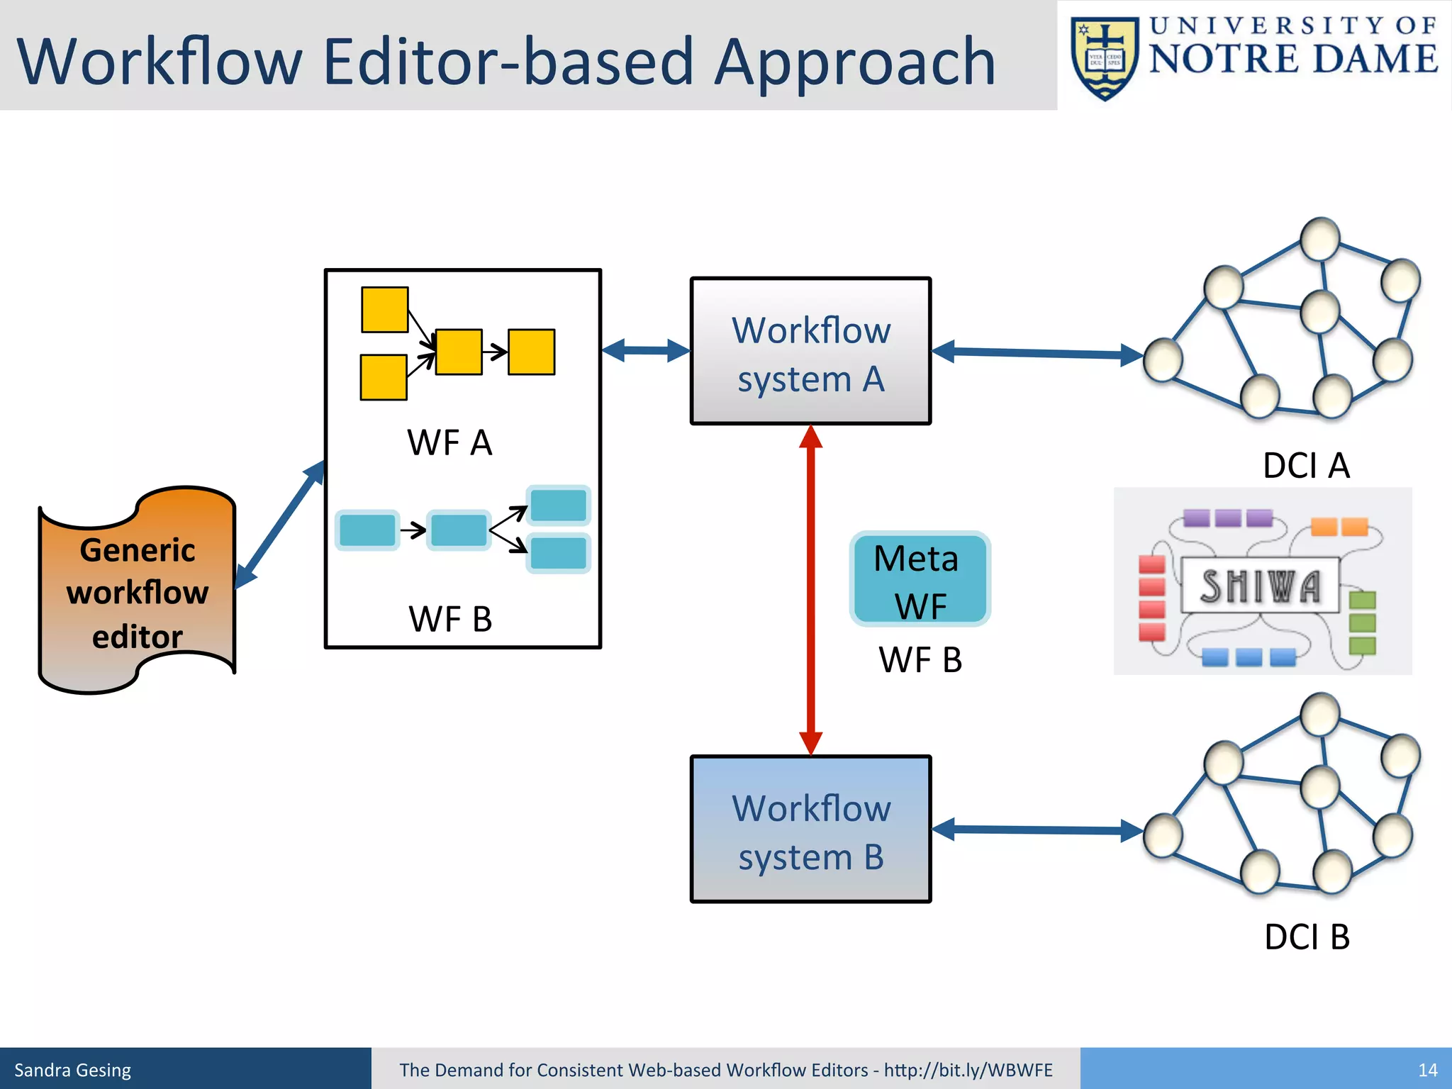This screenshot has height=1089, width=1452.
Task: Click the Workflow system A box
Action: click(x=810, y=352)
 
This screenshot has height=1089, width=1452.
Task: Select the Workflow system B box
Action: click(x=810, y=830)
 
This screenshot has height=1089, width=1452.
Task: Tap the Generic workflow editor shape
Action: click(x=137, y=592)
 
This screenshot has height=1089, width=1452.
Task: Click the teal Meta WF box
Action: click(x=920, y=579)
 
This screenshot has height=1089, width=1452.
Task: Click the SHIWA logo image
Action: click(x=1262, y=581)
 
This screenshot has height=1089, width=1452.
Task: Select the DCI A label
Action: click(x=1306, y=466)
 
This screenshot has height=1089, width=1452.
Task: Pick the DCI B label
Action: click(x=1307, y=937)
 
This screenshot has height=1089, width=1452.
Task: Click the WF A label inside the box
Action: click(x=449, y=443)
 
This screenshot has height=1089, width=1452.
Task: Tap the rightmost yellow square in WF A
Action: click(x=531, y=352)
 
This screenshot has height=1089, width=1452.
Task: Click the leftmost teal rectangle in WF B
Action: click(x=367, y=530)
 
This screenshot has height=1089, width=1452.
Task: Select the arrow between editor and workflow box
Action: click(x=281, y=524)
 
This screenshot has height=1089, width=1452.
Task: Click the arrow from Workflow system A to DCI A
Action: click(x=1037, y=353)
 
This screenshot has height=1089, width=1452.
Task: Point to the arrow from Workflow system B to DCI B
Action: click(x=1037, y=830)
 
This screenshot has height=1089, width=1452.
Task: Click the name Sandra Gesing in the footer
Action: click(x=72, y=1070)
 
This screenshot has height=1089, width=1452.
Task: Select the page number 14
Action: click(x=1427, y=1070)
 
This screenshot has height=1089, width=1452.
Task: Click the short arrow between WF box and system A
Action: click(x=646, y=350)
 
